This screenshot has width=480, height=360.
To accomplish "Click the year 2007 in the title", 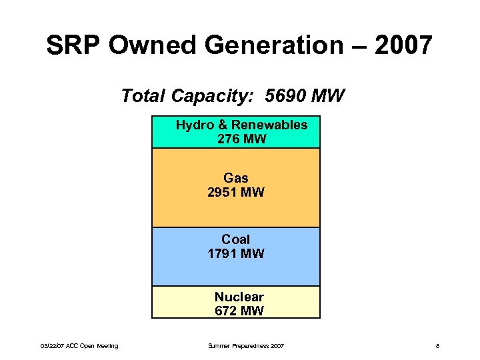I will pyautogui.click(x=403, y=45).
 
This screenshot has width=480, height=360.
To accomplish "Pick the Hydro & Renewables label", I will pyautogui.click(x=241, y=125).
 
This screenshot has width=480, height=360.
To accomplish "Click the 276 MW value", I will pyautogui.click(x=241, y=139).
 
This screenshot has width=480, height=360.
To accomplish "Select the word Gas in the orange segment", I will pyautogui.click(x=236, y=178).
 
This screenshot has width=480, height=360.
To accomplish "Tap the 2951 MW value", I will pyautogui.click(x=236, y=193).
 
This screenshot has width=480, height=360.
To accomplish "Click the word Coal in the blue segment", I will pyautogui.click(x=236, y=239).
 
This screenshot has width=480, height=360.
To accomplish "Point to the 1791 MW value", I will pyautogui.click(x=236, y=253).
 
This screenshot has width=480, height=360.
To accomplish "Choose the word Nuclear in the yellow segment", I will pyautogui.click(x=239, y=297).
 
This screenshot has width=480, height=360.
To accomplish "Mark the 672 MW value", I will pyautogui.click(x=239, y=311).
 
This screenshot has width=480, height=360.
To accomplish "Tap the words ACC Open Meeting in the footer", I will pyautogui.click(x=93, y=346).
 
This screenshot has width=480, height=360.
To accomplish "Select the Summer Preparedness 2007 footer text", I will pyautogui.click(x=246, y=346).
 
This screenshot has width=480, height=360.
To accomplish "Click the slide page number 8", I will pyautogui.click(x=437, y=346).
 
